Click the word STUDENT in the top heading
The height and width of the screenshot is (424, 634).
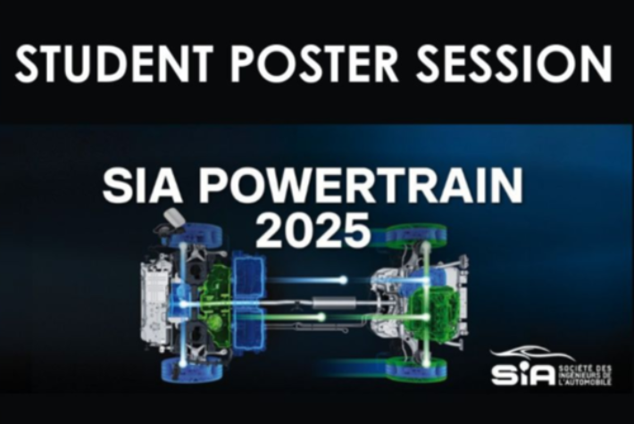[x=113, y=64]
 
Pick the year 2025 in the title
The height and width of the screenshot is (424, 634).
[x=313, y=229]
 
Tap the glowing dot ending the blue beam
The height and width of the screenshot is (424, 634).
[x=343, y=279]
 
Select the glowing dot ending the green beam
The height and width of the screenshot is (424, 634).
[x=345, y=316]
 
